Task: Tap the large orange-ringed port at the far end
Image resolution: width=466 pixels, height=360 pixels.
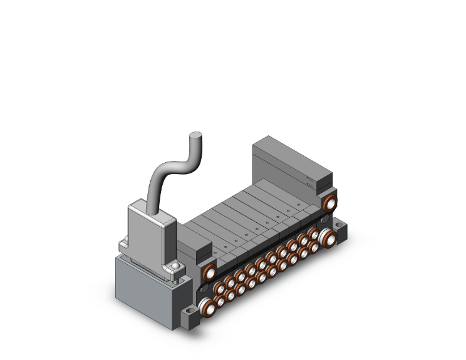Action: click(x=329, y=203)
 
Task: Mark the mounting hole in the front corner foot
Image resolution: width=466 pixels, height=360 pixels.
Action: click(x=190, y=312)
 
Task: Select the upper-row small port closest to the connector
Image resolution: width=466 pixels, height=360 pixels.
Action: click(x=220, y=289)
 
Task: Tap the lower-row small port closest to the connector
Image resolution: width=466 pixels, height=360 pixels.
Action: click(x=220, y=301)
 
